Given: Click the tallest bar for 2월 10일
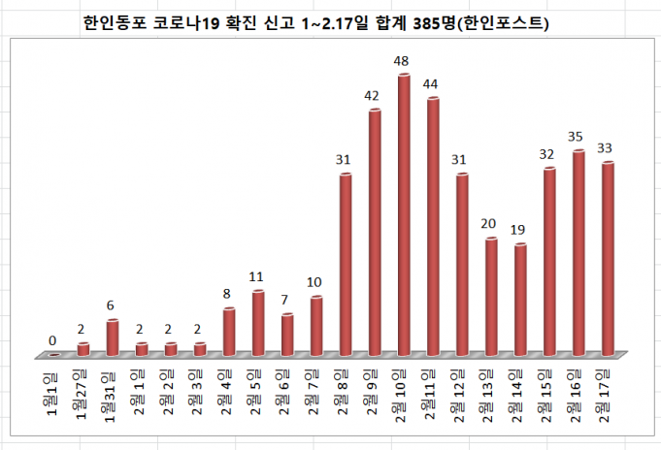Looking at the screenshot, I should [404, 213].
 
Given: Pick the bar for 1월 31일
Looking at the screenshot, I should [113, 337].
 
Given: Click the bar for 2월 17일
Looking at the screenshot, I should [608, 257].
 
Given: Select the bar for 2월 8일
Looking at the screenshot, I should [346, 263].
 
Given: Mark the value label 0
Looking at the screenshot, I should [52, 340].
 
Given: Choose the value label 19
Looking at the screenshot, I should [520, 230].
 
